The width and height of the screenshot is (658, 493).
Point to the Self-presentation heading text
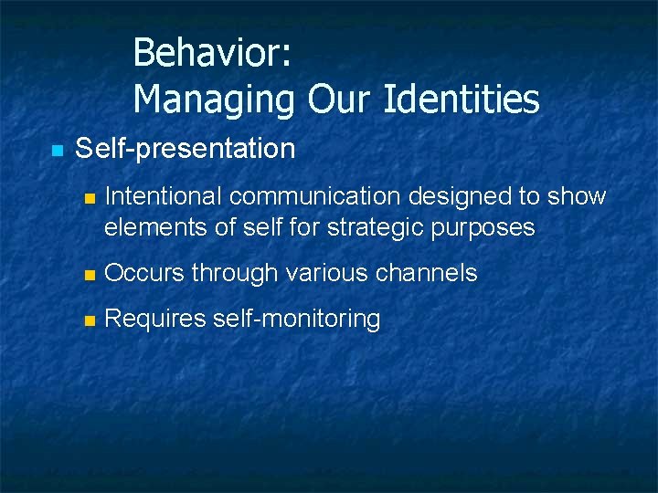[185, 148]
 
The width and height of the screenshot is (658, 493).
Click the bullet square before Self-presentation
[57, 150]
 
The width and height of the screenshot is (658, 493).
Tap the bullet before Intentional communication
[88, 198]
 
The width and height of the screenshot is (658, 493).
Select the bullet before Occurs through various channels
[88, 274]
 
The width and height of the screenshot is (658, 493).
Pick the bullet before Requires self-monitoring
[88, 320]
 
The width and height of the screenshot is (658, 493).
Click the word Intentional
[156, 196]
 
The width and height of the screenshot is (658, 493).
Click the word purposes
[489, 227]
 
